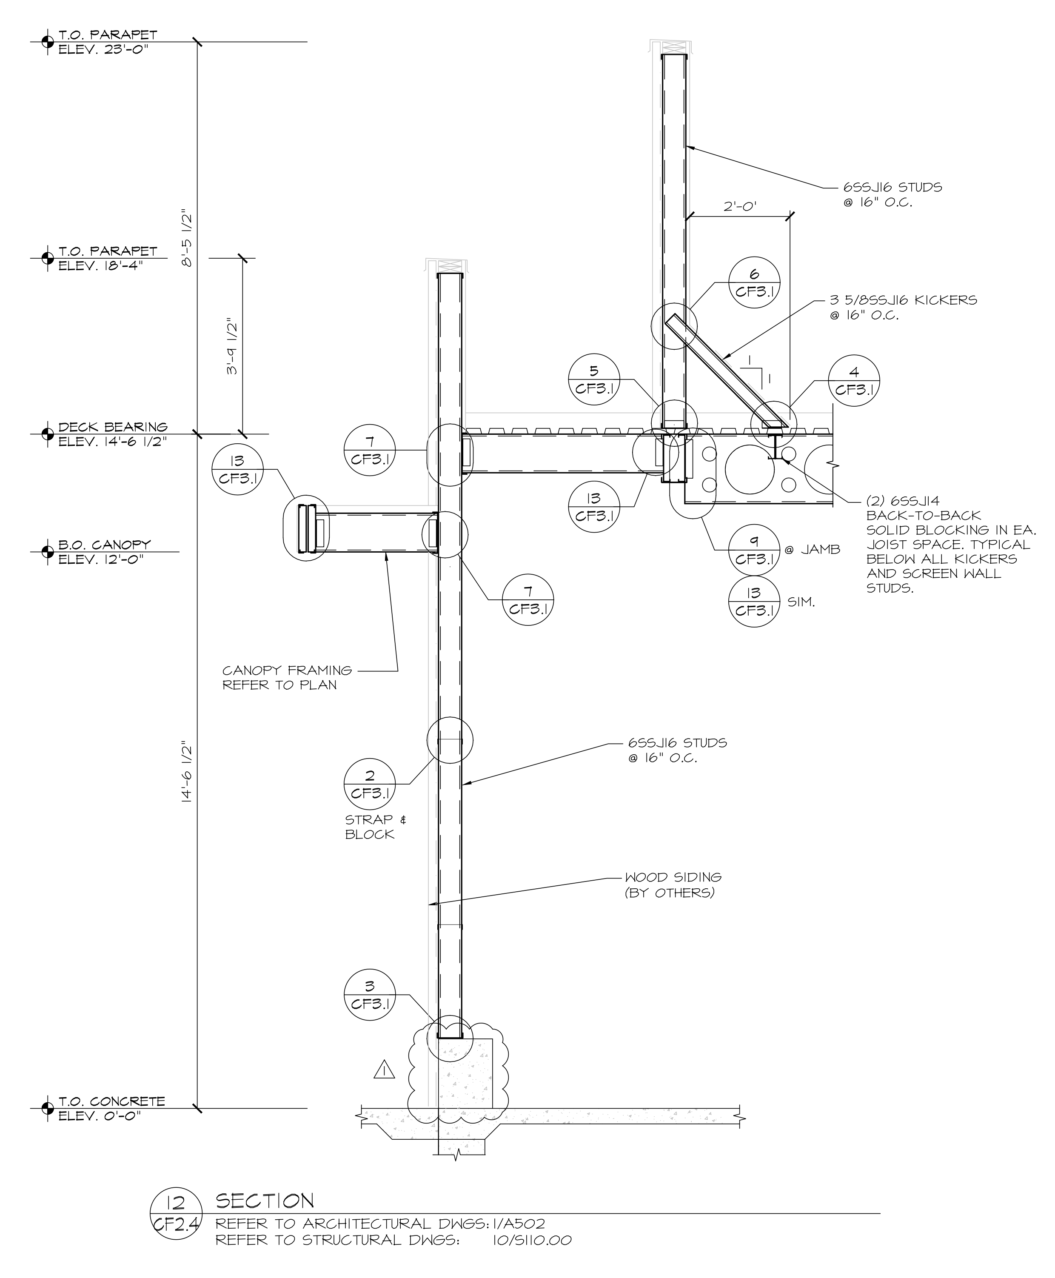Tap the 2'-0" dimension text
[740, 207]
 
